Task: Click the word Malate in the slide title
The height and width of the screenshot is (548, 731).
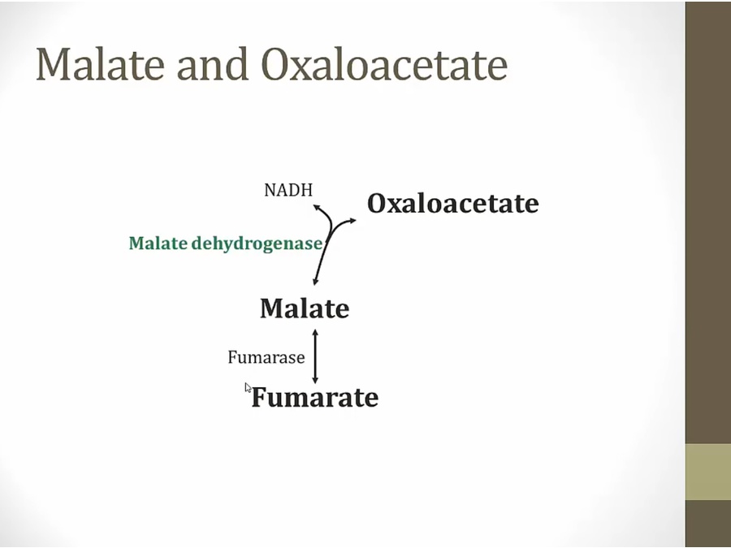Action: coord(100,64)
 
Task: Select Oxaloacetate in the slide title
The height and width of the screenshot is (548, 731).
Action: coord(384,64)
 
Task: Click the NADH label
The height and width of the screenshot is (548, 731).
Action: coord(288,190)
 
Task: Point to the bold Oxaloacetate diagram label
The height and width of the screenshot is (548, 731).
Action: coord(453,204)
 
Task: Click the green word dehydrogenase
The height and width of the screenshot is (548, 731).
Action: coord(257,244)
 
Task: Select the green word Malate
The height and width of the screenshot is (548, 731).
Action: coord(158,244)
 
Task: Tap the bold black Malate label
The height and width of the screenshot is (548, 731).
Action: coord(305,309)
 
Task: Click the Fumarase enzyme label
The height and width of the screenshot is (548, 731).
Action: coord(266,357)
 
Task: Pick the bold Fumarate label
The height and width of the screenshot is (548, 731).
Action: coord(315,398)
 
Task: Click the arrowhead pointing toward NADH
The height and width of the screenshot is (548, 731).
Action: coord(317,207)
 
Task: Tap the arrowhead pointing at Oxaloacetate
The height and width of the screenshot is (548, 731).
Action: coord(353,220)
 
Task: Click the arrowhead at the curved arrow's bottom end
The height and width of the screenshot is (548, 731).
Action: coord(316,281)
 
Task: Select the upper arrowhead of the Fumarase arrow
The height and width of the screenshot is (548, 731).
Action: coord(315,333)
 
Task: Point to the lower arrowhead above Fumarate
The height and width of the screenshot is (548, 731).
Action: coord(315,380)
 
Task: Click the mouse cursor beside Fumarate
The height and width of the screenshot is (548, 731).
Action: coord(248,388)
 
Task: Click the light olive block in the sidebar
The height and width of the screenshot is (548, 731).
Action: coord(708,472)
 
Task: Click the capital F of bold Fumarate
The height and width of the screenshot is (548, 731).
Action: coord(260,397)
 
